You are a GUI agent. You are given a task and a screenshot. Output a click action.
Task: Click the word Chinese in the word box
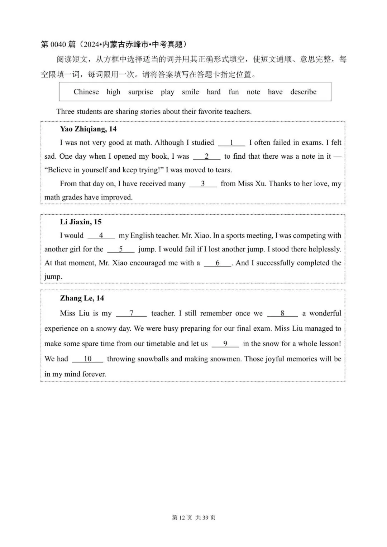[86, 92]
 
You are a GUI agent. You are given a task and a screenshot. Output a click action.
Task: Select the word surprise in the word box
[140, 92]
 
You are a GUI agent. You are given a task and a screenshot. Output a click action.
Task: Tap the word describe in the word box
[303, 92]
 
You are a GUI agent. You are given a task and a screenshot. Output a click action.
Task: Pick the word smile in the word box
[190, 92]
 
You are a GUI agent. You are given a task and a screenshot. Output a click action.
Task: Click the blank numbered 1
[231, 143]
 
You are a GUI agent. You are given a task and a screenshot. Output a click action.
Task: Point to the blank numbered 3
[203, 184]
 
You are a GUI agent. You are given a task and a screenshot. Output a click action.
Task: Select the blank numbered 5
[121, 249]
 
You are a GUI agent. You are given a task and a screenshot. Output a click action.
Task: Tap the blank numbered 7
[132, 313]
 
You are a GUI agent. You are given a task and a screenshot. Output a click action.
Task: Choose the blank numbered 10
[87, 359]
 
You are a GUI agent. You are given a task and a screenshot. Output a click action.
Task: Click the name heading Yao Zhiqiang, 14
[88, 129]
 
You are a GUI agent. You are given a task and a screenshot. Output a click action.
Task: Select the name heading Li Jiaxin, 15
[81, 222]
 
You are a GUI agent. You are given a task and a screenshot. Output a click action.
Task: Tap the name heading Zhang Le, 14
[82, 298]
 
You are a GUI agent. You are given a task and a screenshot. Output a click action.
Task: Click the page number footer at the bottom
[193, 518]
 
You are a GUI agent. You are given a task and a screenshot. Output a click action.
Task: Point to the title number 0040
[58, 44]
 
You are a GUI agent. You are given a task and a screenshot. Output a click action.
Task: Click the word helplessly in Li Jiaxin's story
[323, 249]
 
